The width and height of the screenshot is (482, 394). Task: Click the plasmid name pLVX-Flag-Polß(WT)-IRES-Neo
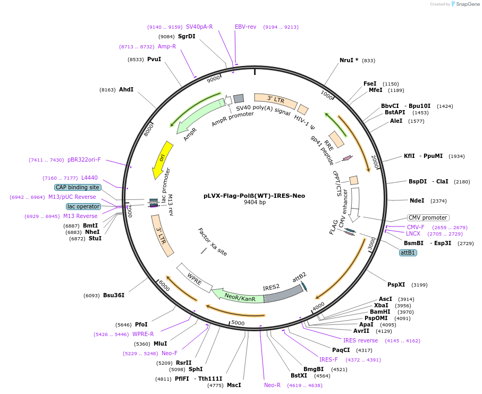[x=254, y=195]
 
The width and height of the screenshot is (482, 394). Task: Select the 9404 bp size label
[x=255, y=203]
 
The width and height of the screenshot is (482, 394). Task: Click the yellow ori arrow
[x=162, y=159]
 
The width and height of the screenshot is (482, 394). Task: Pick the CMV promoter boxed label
[x=428, y=217]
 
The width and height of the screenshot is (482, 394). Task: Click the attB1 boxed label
[x=408, y=253]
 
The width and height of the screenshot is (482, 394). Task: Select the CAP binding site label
[x=78, y=187]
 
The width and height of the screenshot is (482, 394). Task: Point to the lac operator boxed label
[x=83, y=206]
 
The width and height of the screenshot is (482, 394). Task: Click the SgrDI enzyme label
[x=187, y=36]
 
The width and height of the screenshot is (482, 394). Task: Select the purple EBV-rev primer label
[x=246, y=27]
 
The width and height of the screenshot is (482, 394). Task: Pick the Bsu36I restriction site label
[x=114, y=295]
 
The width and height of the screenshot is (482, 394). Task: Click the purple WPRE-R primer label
[x=143, y=334]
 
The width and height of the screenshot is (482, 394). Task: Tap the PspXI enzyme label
[x=396, y=284]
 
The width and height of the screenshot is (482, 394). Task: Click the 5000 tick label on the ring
[x=238, y=323]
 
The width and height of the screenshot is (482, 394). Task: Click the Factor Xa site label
[x=213, y=242]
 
